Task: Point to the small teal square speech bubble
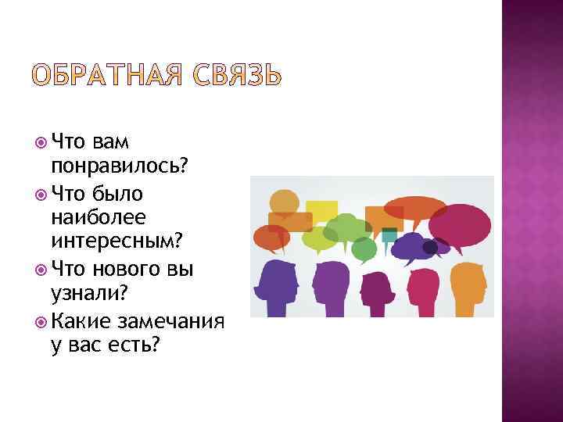coord(388,234)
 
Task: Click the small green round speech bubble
coord(364,248)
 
